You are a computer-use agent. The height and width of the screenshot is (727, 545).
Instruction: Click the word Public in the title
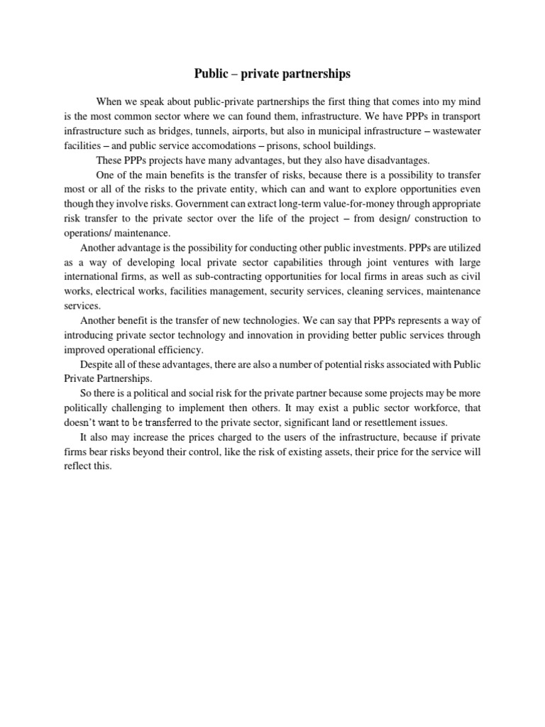[212, 74]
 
